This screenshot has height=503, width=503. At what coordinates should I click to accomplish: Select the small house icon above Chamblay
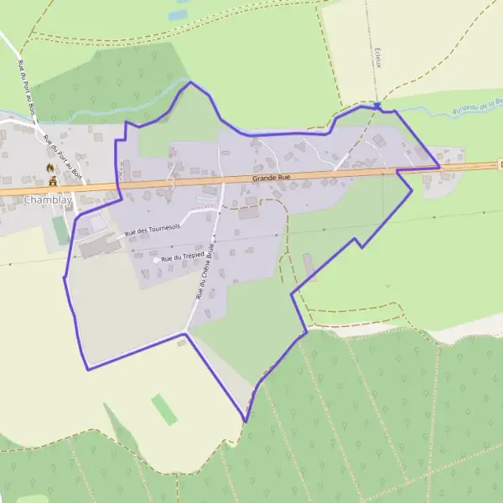click(53, 180)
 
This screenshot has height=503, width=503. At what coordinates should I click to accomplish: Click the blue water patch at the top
click(178, 14)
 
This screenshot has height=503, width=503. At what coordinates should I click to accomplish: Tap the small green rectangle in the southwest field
click(164, 409)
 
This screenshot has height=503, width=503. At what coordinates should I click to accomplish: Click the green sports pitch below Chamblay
click(60, 230)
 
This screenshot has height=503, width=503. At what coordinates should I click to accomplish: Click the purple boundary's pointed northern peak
click(191, 81)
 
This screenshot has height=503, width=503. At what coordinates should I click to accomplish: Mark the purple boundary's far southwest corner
click(87, 369)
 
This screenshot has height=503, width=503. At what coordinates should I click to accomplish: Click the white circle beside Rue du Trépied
click(156, 261)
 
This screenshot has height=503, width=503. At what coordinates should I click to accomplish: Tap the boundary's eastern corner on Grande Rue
click(439, 168)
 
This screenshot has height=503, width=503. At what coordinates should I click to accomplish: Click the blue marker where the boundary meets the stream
click(378, 106)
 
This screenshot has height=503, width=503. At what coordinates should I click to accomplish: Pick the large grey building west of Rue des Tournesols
click(99, 246)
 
